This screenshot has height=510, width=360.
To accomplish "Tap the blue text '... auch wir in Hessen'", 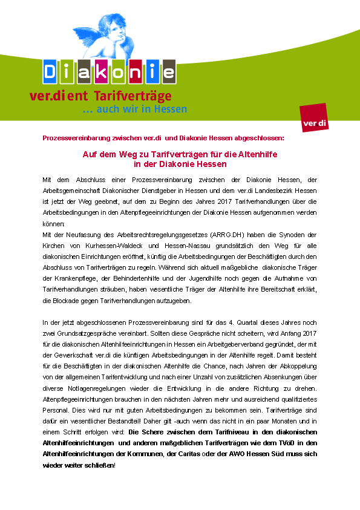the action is [x=134, y=110].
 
